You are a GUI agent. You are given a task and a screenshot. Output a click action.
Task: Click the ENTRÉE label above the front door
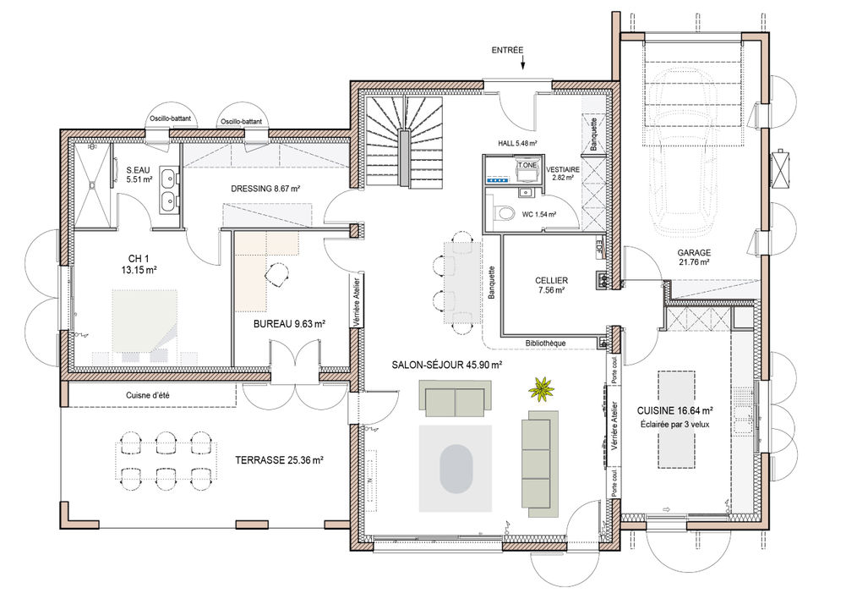[509, 51]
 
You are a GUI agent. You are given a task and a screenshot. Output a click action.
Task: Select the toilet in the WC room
[505, 215]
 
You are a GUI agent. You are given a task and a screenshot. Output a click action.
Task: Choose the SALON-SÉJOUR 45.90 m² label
[447, 365]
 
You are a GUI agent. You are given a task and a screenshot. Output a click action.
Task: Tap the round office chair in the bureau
[276, 273]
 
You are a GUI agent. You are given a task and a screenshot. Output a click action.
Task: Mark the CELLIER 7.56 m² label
[551, 285]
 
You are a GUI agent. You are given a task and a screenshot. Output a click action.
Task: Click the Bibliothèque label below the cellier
[545, 343]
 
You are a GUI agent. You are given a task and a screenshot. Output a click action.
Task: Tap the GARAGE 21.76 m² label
[693, 257]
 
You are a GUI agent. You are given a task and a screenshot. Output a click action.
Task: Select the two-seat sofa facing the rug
[456, 398]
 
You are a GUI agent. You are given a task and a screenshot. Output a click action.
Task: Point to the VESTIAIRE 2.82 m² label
[563, 173]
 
